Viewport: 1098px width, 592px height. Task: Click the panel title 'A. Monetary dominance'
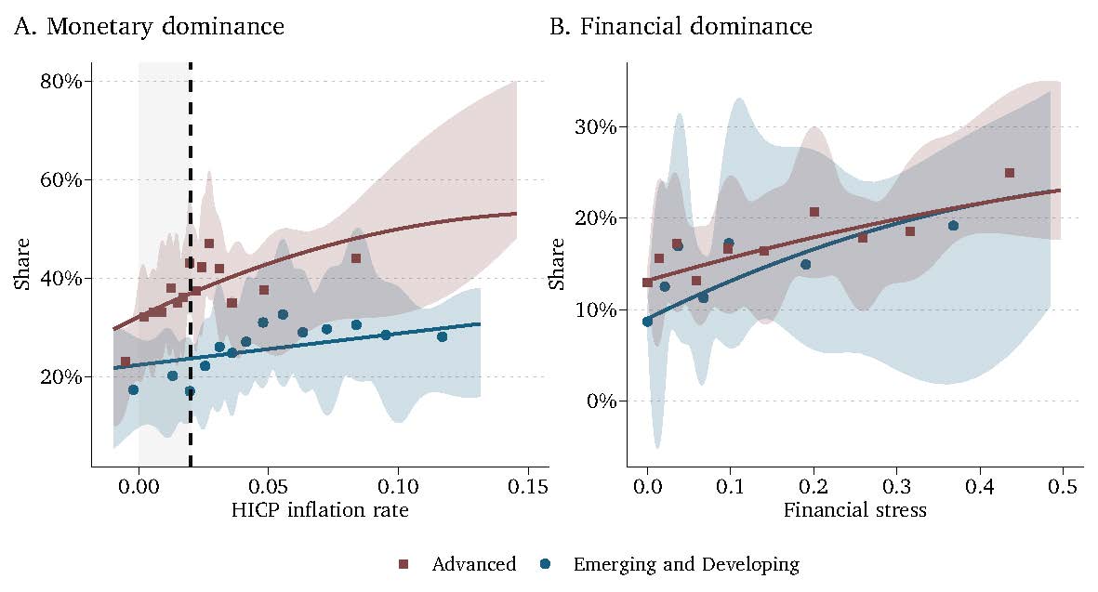(149, 27)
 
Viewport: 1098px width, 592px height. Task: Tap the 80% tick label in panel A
(61, 81)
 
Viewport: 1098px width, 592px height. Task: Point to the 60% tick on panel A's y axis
(61, 179)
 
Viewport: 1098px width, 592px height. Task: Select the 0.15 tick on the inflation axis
(529, 486)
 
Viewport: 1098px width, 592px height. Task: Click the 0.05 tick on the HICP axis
(269, 486)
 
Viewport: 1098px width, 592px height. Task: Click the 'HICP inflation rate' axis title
(320, 510)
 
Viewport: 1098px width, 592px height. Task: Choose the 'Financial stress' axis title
(854, 510)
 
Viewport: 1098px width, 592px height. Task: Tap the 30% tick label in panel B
(597, 126)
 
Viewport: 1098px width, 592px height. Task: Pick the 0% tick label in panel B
(602, 401)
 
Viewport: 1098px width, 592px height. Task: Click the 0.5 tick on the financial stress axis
(1064, 486)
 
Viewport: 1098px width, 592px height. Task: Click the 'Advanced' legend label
(474, 564)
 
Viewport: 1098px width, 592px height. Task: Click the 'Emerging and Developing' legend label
(686, 564)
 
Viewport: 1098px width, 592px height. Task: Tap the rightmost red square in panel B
(1010, 173)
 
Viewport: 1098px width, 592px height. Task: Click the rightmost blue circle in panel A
(443, 336)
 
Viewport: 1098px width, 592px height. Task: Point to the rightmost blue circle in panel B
(953, 226)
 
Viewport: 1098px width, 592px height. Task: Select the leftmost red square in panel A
(126, 362)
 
